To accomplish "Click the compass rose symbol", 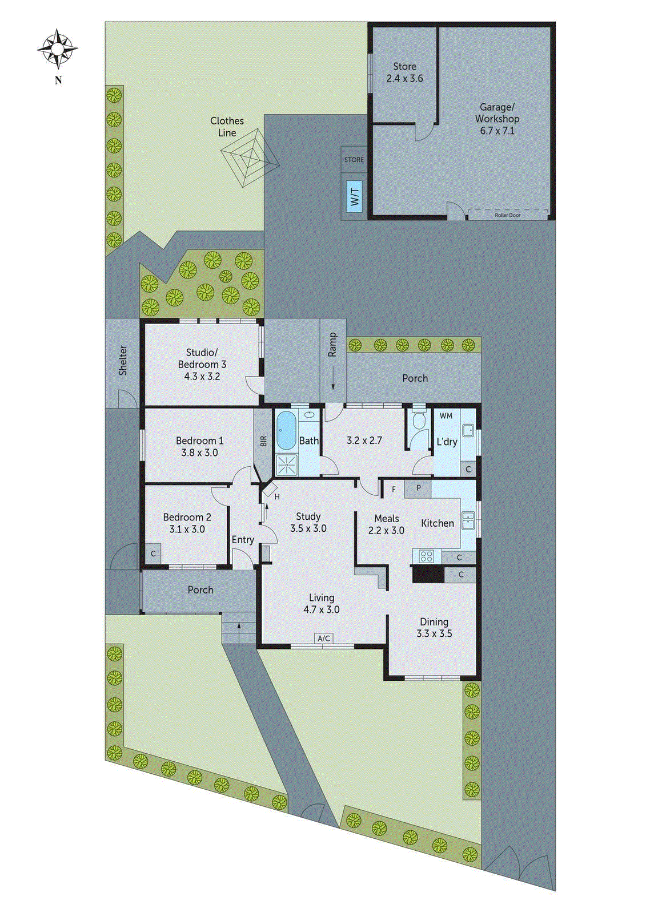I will click(58, 49).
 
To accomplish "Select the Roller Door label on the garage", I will click(507, 215).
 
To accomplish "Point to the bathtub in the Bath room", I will click(286, 431).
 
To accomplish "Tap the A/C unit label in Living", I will click(323, 638).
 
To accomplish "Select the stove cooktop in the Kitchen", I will click(426, 556).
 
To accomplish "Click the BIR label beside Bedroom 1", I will click(263, 441).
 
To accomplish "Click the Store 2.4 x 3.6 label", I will click(404, 72).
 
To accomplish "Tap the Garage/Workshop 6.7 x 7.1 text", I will click(497, 119).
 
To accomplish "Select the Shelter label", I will click(123, 360).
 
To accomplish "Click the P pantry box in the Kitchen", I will click(418, 488).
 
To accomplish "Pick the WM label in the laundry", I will click(446, 415).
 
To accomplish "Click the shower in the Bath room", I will click(286, 464).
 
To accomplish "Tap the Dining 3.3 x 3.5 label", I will click(434, 628).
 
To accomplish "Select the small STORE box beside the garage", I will click(354, 160).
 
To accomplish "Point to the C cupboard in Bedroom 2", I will click(153, 554).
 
